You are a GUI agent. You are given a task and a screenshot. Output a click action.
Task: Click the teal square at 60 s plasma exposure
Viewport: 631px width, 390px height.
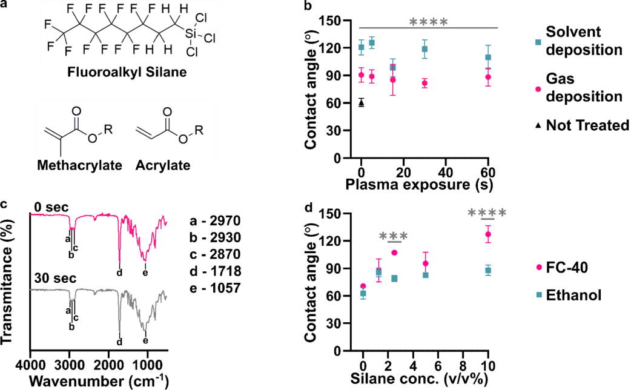(487, 57)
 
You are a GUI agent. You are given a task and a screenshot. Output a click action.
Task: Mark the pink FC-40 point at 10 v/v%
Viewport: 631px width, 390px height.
(487, 234)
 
